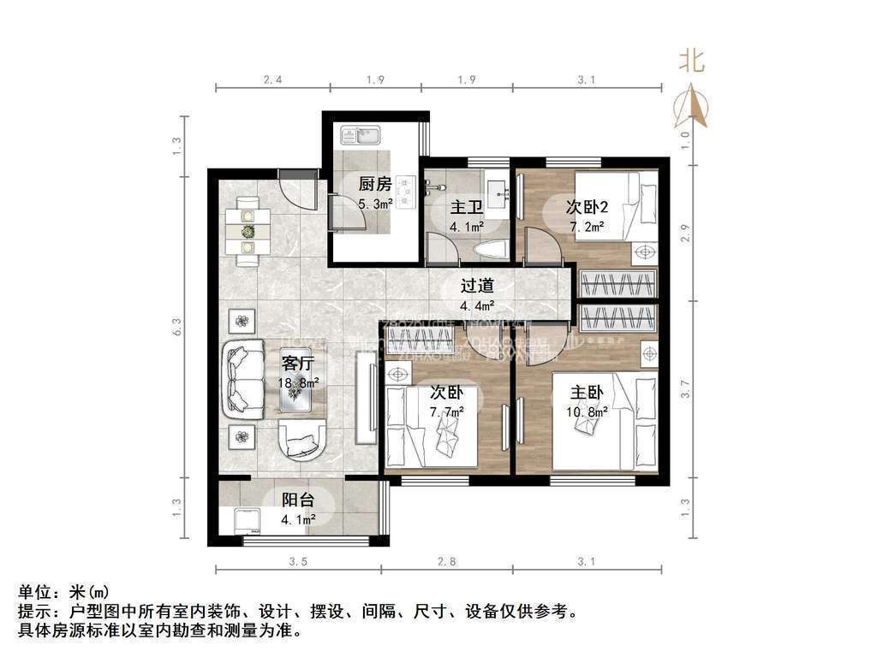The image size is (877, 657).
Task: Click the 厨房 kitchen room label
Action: pyautogui.click(x=374, y=184)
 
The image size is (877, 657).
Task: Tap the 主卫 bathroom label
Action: pyautogui.click(x=466, y=208)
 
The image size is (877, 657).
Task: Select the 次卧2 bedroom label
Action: pyautogui.click(x=588, y=207)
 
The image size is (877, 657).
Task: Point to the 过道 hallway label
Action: pyautogui.click(x=477, y=287)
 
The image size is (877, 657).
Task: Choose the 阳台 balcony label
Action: pyautogui.click(x=299, y=500)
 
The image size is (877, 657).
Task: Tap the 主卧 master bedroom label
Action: pyautogui.click(x=588, y=393)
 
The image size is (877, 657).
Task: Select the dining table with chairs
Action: pyautogui.click(x=248, y=230)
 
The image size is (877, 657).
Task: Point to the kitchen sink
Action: pyautogui.click(x=361, y=135)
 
